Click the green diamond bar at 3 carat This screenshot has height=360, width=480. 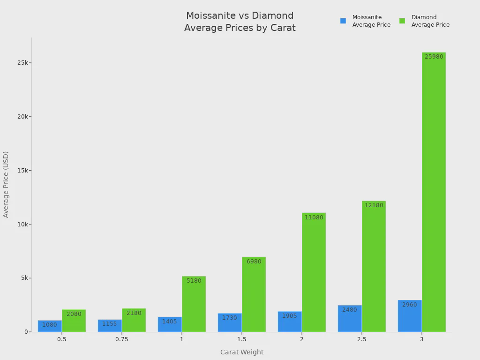point(434,192)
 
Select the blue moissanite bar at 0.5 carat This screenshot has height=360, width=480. point(50,326)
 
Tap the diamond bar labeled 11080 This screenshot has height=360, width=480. point(314,272)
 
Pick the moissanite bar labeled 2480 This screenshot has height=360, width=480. point(350,319)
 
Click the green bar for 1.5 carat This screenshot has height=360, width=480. point(254,294)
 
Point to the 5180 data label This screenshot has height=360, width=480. point(194,281)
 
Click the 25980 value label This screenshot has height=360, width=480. point(434,57)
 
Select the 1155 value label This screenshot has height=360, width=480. point(110,324)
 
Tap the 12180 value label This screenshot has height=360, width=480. point(374,205)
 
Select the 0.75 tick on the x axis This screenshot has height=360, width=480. point(122,339)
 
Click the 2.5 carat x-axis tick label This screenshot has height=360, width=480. point(362,339)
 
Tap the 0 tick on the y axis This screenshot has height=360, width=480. point(27,332)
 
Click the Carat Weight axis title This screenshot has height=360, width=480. point(242,352)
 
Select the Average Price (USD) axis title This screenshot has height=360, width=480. point(6,184)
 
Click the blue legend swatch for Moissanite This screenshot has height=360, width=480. point(343,21)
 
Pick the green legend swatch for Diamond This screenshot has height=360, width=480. point(402,21)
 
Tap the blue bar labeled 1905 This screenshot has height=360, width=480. point(290,322)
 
